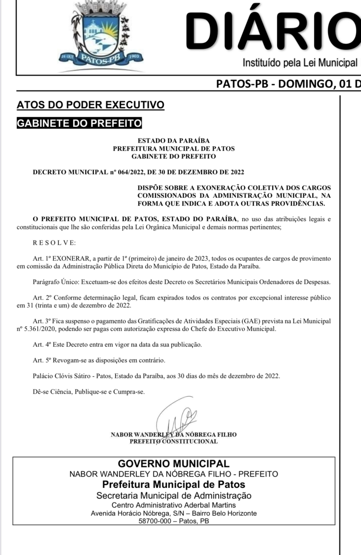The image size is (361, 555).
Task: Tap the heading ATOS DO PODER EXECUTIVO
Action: pos(90,105)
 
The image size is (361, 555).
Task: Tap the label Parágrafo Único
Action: pos(56,282)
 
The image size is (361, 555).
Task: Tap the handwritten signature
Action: pos(176,417)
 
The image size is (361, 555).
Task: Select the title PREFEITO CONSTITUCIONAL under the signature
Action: pos(173,441)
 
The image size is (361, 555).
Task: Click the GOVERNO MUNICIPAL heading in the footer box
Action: pos(174,464)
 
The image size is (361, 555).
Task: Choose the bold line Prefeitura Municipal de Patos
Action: pos(174,485)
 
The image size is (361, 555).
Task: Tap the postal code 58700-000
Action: pos(156,521)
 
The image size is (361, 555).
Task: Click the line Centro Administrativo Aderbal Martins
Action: pos(174,505)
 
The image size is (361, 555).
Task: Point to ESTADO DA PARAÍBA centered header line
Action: pos(173,141)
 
